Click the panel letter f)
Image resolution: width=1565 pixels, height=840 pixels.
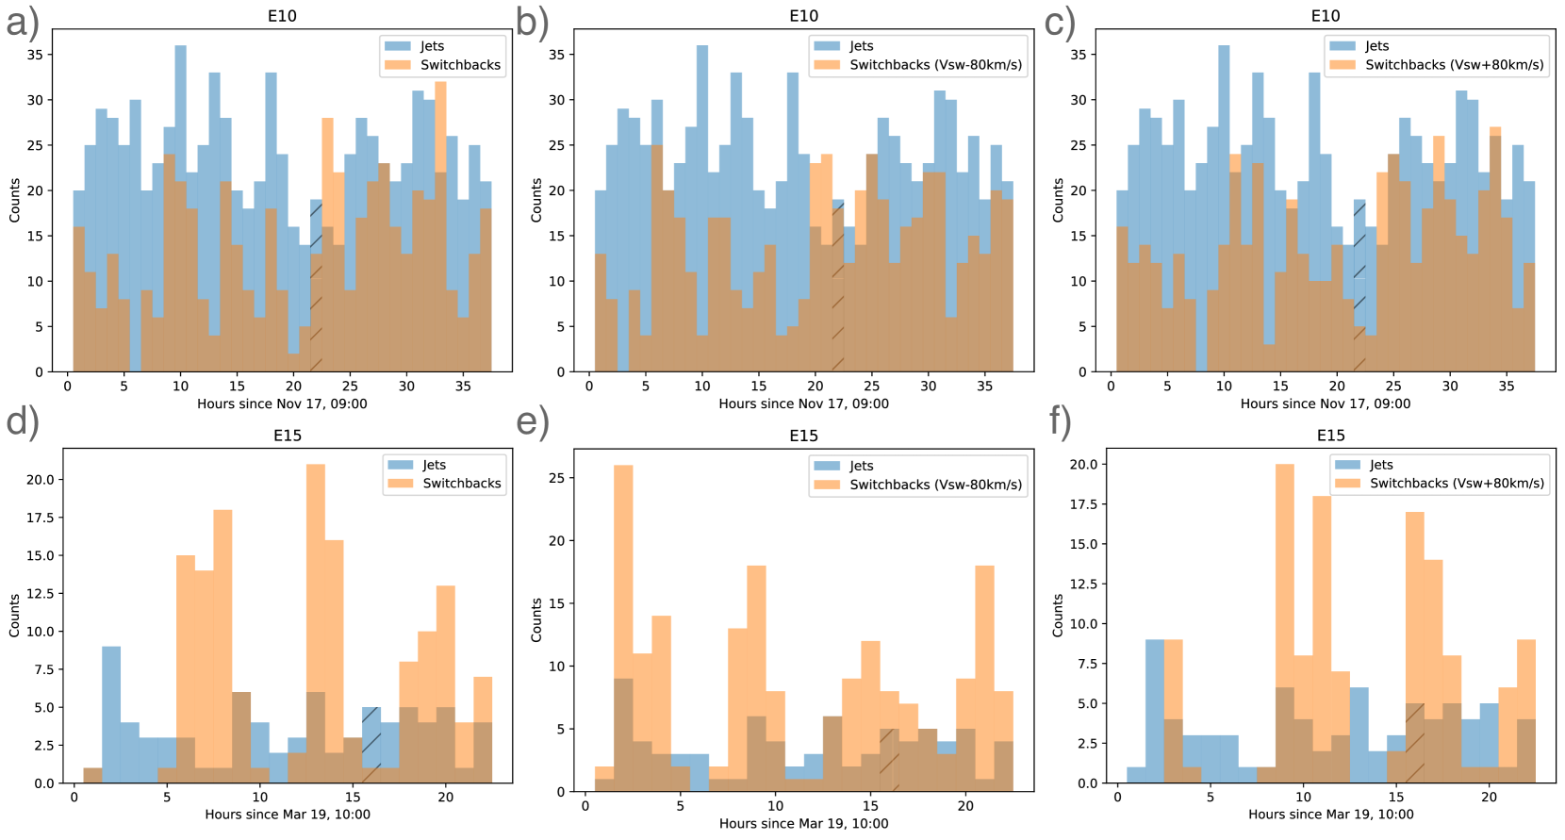1061,421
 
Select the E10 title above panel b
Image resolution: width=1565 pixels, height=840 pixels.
803,16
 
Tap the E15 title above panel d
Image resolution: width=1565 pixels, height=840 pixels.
288,436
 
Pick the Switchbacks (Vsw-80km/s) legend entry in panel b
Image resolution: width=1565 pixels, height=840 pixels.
935,65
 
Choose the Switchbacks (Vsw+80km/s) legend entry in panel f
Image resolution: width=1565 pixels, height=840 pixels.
1457,484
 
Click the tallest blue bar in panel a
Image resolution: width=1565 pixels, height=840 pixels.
180,207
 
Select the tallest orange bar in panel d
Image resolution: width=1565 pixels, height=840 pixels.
316,622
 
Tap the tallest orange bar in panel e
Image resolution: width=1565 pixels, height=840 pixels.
623,627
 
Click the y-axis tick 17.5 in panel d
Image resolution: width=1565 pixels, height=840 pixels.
40,518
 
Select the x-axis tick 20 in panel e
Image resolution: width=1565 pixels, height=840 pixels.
965,806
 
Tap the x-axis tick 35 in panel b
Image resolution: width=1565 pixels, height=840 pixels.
984,386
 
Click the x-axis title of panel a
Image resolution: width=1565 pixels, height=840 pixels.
282,404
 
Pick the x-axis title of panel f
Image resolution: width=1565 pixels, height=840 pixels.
1330,815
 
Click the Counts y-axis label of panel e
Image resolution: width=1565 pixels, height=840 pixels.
536,619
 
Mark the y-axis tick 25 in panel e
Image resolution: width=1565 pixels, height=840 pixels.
556,478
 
